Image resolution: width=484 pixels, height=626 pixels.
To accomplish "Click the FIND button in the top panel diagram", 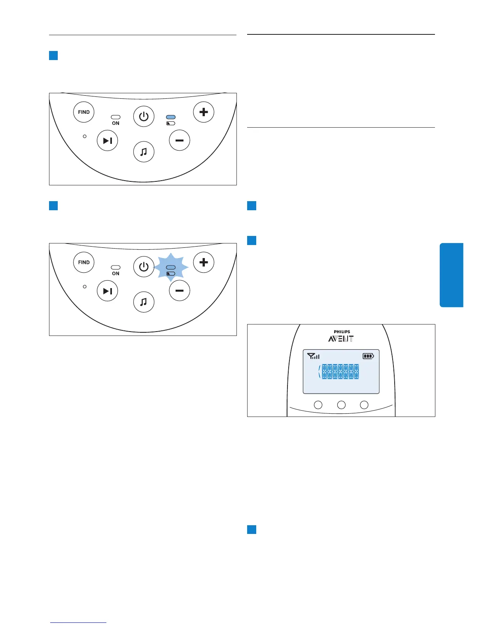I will [84, 112].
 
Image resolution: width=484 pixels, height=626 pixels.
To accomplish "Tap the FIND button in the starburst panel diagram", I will [84, 262].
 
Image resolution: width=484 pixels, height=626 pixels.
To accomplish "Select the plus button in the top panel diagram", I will [204, 112].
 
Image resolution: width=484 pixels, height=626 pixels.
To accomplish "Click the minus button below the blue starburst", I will [180, 291].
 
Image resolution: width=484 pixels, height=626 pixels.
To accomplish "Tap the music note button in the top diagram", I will [144, 152].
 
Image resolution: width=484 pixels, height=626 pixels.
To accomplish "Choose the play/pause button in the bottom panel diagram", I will [108, 291].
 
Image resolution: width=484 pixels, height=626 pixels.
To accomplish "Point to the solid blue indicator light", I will [171, 117].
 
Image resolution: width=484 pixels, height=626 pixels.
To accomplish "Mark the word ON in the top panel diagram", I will [115, 123].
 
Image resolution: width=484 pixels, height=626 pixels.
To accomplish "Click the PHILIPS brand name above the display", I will [342, 332].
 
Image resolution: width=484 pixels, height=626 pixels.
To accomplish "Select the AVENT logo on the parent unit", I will [341, 339].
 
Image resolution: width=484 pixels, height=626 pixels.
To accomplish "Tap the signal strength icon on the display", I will [313, 356].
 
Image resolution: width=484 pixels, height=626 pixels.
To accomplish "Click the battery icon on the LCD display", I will [368, 356].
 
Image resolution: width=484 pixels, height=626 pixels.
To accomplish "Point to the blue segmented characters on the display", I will [340, 372].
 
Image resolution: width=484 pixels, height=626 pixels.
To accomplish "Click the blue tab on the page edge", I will [452, 275].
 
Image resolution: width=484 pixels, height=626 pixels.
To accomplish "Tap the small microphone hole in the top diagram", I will [85, 136].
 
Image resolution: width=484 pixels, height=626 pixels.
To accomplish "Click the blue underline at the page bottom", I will [78, 622].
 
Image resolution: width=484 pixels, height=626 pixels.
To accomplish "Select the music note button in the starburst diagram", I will [144, 302].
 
